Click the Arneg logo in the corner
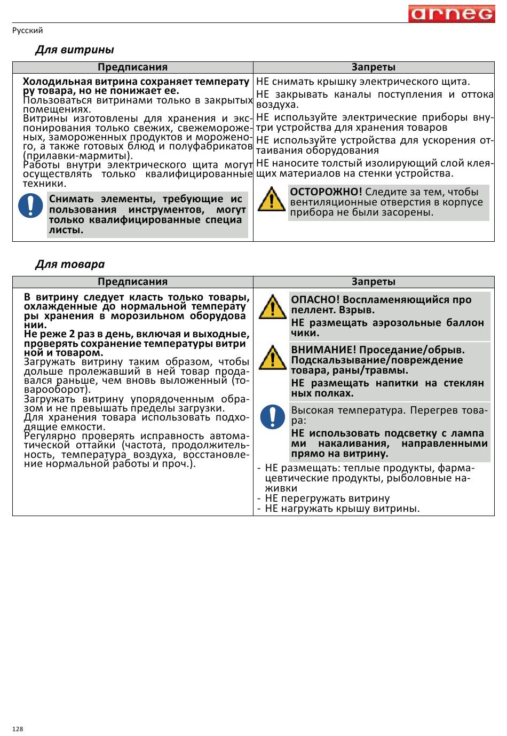click(x=451, y=14)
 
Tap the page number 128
click(x=18, y=729)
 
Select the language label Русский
click(x=28, y=30)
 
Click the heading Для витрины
click(x=74, y=50)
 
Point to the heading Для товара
click(x=70, y=264)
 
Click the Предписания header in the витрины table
click(x=132, y=67)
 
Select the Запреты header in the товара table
click(x=374, y=282)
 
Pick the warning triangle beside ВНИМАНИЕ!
click(x=272, y=358)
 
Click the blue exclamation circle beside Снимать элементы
click(x=30, y=205)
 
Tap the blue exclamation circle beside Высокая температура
click(x=272, y=417)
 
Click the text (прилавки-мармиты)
click(x=78, y=155)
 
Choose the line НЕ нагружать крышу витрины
click(x=342, y=508)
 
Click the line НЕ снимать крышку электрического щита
click(x=363, y=82)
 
